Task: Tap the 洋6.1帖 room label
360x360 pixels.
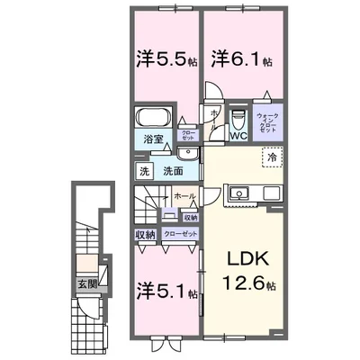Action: click(237, 58)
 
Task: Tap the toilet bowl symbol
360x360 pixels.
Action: click(238, 119)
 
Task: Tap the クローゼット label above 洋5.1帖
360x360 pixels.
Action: click(179, 233)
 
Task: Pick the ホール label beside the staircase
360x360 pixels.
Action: click(184, 195)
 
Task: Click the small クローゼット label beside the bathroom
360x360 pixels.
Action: click(188, 135)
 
